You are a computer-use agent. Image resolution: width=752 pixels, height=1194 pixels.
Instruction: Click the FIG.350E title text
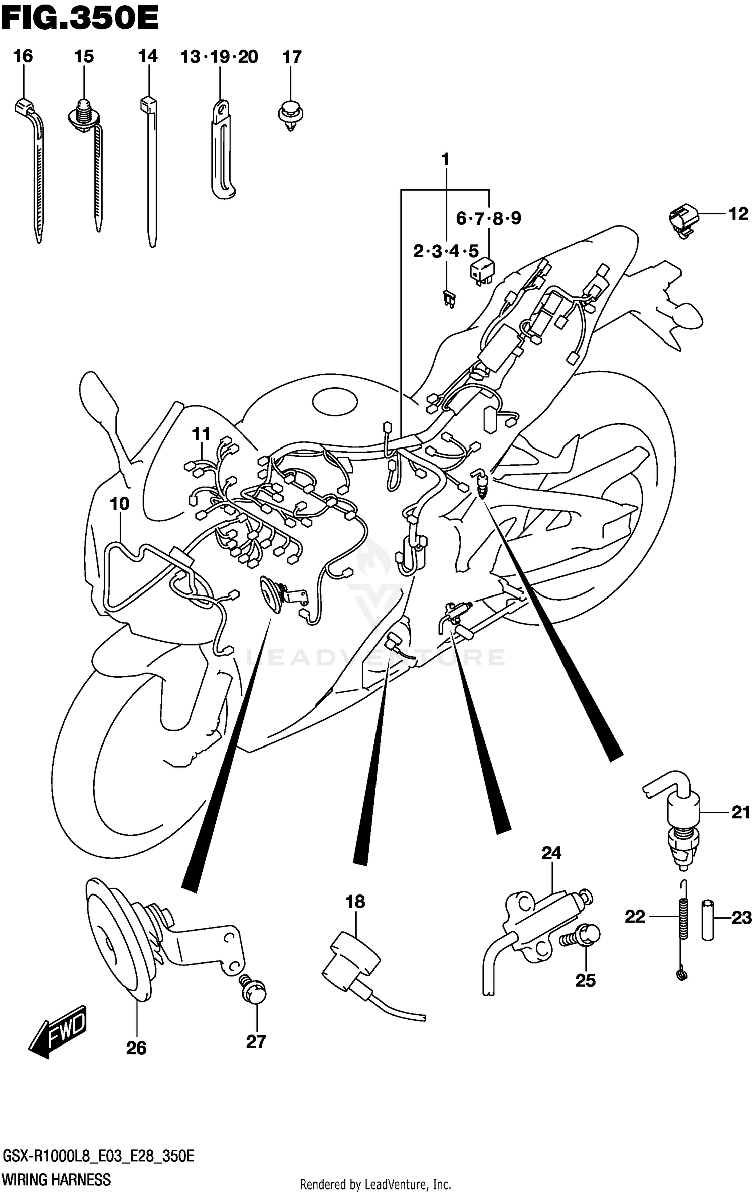[x=80, y=19]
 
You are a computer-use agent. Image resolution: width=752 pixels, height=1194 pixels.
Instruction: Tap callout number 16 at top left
[x=23, y=56]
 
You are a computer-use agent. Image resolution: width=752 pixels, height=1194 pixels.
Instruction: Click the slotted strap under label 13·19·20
[x=221, y=151]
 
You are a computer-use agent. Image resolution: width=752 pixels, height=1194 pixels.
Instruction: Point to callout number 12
[x=738, y=214]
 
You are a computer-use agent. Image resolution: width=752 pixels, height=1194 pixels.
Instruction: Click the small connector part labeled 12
[x=682, y=219]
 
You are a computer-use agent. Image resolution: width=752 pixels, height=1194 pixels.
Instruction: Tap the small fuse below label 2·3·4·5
[x=449, y=300]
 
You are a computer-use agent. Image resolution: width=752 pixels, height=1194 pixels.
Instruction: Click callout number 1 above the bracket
[x=445, y=160]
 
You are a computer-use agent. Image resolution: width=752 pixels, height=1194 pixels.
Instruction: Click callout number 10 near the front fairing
[x=120, y=504]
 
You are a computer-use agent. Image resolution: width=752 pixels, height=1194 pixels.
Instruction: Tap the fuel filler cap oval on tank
[x=335, y=402]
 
